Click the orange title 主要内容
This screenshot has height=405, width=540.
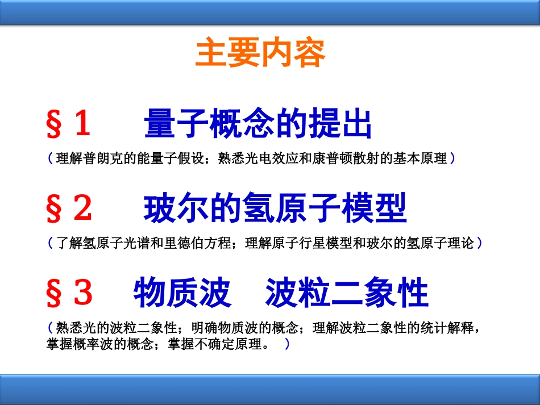(260, 52)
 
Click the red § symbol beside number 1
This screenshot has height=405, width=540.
(54, 124)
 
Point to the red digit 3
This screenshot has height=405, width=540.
(83, 292)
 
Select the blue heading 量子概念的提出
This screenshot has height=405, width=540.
(257, 123)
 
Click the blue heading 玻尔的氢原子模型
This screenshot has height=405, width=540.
(275, 208)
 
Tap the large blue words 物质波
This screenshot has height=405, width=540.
(182, 293)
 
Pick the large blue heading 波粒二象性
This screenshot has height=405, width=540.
(347, 293)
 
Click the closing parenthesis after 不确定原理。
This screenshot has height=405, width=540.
(287, 344)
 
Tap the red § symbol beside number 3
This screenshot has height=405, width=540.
(54, 293)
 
